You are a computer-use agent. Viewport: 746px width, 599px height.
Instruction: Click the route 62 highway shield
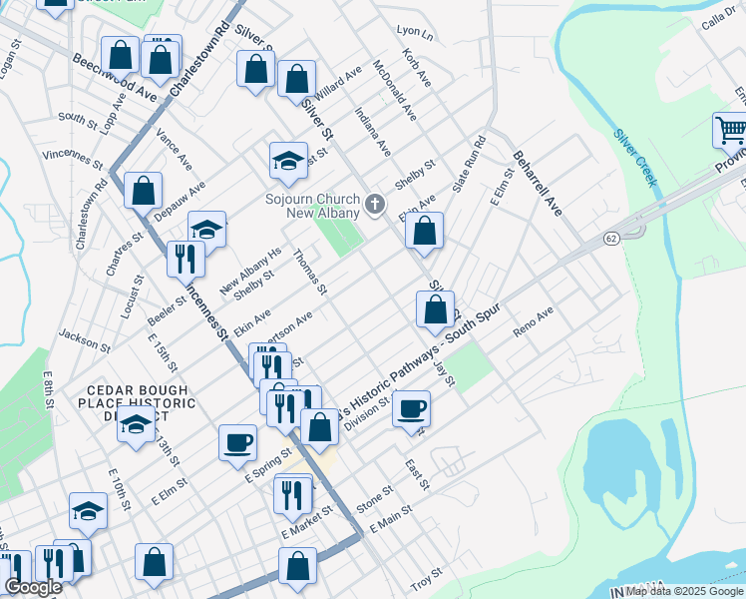coord(611,240)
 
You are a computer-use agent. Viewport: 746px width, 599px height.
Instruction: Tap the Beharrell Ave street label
coord(539,184)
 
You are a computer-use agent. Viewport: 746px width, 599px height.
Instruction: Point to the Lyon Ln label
coord(415,34)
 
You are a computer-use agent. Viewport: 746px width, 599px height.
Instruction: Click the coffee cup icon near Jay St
coord(411,407)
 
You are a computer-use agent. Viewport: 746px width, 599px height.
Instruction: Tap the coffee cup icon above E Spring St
coord(237,441)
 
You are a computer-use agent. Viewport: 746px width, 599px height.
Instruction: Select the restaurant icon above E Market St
coord(293,493)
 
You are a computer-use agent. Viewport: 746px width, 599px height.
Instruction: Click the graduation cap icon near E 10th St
coord(89,511)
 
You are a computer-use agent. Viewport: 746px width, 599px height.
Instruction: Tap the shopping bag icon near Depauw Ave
coord(144,189)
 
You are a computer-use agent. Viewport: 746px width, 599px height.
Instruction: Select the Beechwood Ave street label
coord(115,78)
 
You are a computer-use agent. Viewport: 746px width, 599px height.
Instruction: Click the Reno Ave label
coord(533,323)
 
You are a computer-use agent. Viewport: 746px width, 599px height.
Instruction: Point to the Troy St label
coord(426,576)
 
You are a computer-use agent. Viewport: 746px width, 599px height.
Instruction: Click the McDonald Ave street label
coord(393,88)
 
